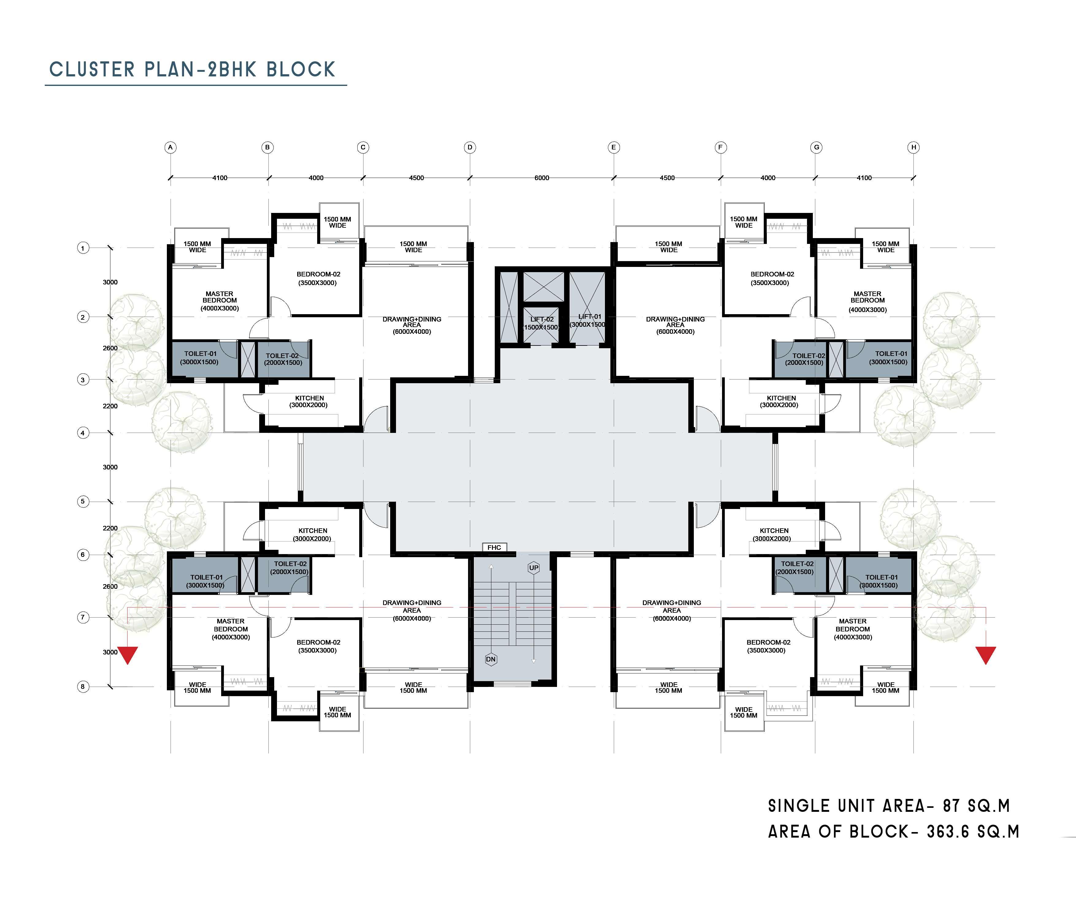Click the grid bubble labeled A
coord(171,147)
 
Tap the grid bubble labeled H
coord(913,147)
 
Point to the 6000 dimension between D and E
coord(542,178)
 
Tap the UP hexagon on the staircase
coord(534,568)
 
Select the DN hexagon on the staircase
coord(491,659)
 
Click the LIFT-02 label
coord(542,319)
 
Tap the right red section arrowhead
coord(986,655)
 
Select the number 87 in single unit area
coord(951,806)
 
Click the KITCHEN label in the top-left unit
coord(309,398)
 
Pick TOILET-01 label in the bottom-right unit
coord(882,577)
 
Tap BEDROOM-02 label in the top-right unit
coord(772,274)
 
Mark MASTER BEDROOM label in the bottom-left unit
coord(230,625)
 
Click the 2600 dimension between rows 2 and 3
coord(110,348)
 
